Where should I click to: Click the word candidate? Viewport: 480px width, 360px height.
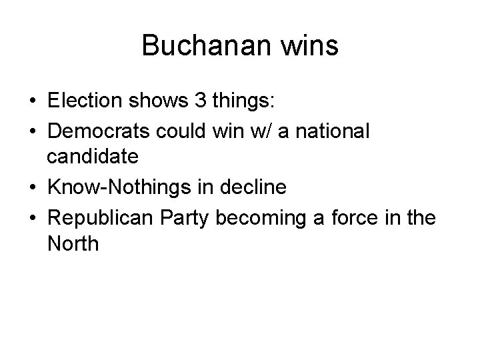point(93,157)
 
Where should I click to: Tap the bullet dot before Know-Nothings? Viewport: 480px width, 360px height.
point(33,188)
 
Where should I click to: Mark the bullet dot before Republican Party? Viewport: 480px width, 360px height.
point(33,217)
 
